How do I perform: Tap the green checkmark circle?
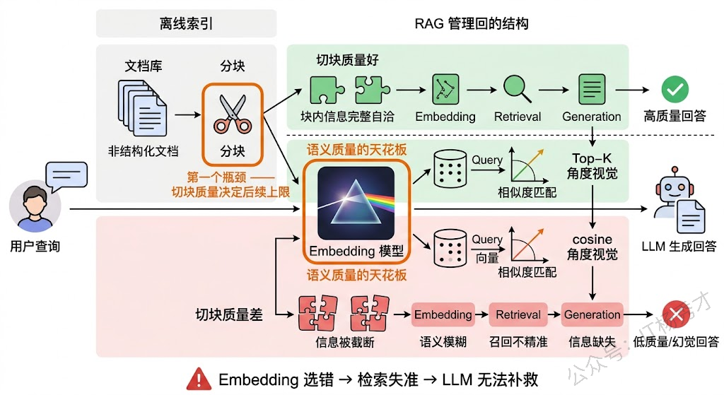click(x=675, y=90)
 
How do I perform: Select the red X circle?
click(x=675, y=314)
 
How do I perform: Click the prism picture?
click(x=356, y=203)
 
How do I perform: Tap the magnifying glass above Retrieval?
click(x=518, y=89)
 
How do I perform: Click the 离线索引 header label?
click(x=186, y=23)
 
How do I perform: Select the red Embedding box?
click(x=443, y=314)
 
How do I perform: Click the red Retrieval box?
click(x=518, y=314)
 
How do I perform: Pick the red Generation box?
click(x=592, y=314)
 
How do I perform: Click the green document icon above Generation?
click(x=592, y=90)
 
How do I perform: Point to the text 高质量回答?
click(x=675, y=117)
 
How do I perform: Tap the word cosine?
click(x=592, y=240)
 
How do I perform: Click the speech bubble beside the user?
click(x=66, y=175)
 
